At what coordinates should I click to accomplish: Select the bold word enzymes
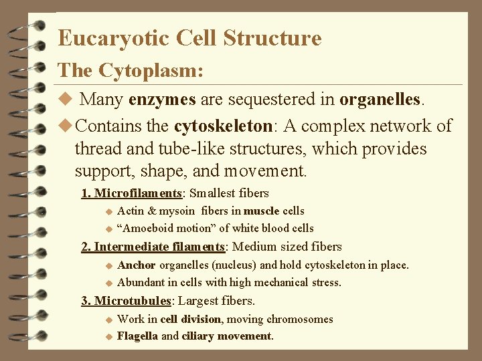point(162,100)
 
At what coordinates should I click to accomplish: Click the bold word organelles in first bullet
point(380,100)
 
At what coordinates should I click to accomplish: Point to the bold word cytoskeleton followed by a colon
point(223,126)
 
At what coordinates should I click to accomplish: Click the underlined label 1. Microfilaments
point(132,193)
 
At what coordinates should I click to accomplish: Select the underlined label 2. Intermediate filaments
point(153,247)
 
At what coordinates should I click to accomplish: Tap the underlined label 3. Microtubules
point(127,301)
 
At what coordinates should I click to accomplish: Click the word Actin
point(131,211)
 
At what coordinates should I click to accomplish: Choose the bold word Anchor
point(137,265)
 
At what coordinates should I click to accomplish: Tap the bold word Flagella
point(137,336)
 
